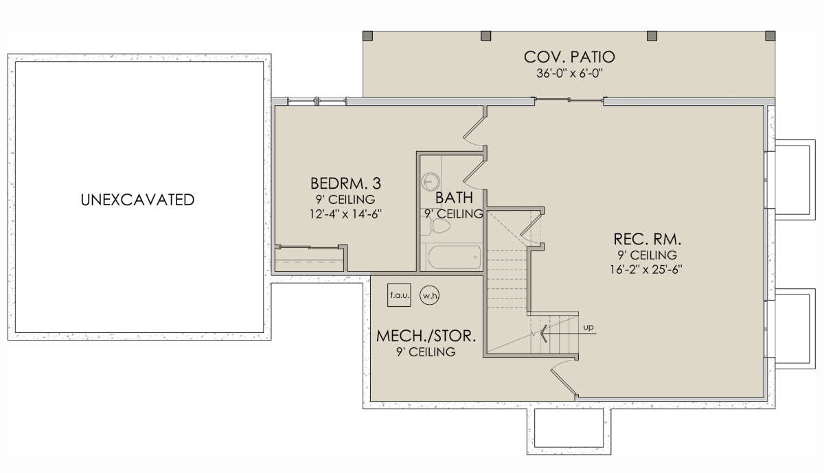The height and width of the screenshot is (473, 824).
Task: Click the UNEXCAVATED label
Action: pos(137,200)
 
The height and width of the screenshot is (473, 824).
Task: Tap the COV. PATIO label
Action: pos(569,57)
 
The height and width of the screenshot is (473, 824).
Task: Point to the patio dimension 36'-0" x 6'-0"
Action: pos(569,73)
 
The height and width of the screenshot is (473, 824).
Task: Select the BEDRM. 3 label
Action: pos(346,183)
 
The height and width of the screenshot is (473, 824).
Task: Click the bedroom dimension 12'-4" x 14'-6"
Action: pos(346,214)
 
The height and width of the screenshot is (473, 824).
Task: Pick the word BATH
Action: pos(454,198)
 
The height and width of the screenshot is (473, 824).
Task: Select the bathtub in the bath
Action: pos(455,257)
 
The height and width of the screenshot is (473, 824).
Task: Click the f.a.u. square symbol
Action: pos(399,295)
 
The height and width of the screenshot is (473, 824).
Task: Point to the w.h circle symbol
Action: pos(430,295)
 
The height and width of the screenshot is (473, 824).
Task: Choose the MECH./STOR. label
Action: pos(426,336)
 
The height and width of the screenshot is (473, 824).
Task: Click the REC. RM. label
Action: pos(648,240)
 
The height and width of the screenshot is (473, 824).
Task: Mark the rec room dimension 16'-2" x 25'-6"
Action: pos(646,270)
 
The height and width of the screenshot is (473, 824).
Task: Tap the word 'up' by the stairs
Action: pos(588,327)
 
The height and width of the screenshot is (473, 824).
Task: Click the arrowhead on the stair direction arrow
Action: pos(543,334)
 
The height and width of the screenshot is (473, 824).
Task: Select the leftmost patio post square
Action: pos(368,36)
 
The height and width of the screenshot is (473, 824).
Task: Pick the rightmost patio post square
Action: pos(770,36)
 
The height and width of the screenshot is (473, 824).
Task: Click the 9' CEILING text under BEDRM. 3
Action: pos(346,200)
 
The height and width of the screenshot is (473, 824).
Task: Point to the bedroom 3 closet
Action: pos(310,260)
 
